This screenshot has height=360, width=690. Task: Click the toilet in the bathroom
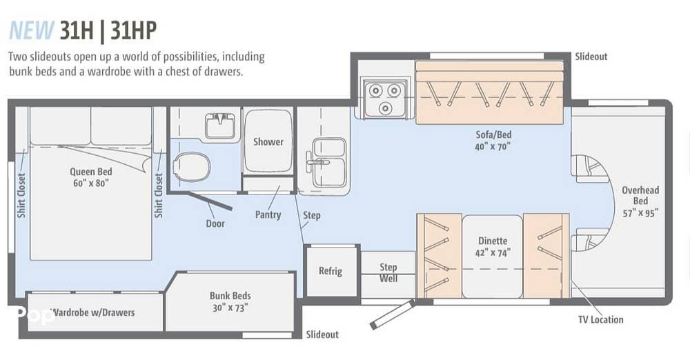tap(191, 167)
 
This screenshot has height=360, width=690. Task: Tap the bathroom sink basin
tap(220, 126)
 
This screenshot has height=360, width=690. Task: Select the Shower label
tap(268, 141)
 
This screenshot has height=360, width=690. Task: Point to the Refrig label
tap(331, 270)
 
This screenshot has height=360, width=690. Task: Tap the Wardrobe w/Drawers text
tap(94, 312)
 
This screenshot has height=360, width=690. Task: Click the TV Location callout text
tap(601, 319)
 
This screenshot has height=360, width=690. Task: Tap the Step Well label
tap(388, 272)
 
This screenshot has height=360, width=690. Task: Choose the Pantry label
tap(268, 214)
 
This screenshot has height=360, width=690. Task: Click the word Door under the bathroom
tap(215, 223)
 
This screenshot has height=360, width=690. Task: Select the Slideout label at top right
tap(591, 57)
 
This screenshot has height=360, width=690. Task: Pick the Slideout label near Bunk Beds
tap(322, 334)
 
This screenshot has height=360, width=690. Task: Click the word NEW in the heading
tap(31, 30)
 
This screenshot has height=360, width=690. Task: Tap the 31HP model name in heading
tap(133, 30)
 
